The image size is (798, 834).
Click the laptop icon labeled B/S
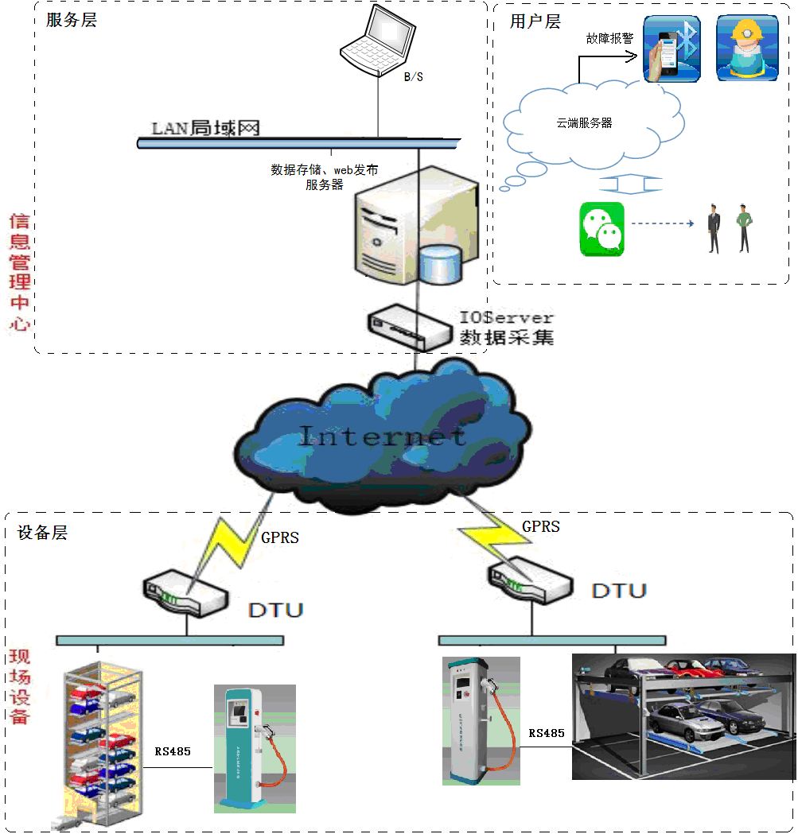[x=379, y=40]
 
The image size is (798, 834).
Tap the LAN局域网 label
[x=206, y=128]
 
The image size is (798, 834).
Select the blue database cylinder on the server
[x=441, y=265]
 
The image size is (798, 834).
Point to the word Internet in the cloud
[x=382, y=436]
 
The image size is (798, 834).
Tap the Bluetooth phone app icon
[x=671, y=48]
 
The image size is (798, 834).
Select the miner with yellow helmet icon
[x=746, y=48]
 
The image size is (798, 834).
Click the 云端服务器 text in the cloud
[x=584, y=123]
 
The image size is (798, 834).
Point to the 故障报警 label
[x=609, y=38]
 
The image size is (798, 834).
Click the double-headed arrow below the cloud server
[x=630, y=184]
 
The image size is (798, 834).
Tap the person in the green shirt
[x=744, y=227]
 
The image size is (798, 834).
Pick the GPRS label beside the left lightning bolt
[x=280, y=537]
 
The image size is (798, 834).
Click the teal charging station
[x=254, y=747]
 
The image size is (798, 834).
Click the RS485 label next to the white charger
[x=547, y=733]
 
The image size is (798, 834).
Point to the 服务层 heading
[x=72, y=21]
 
